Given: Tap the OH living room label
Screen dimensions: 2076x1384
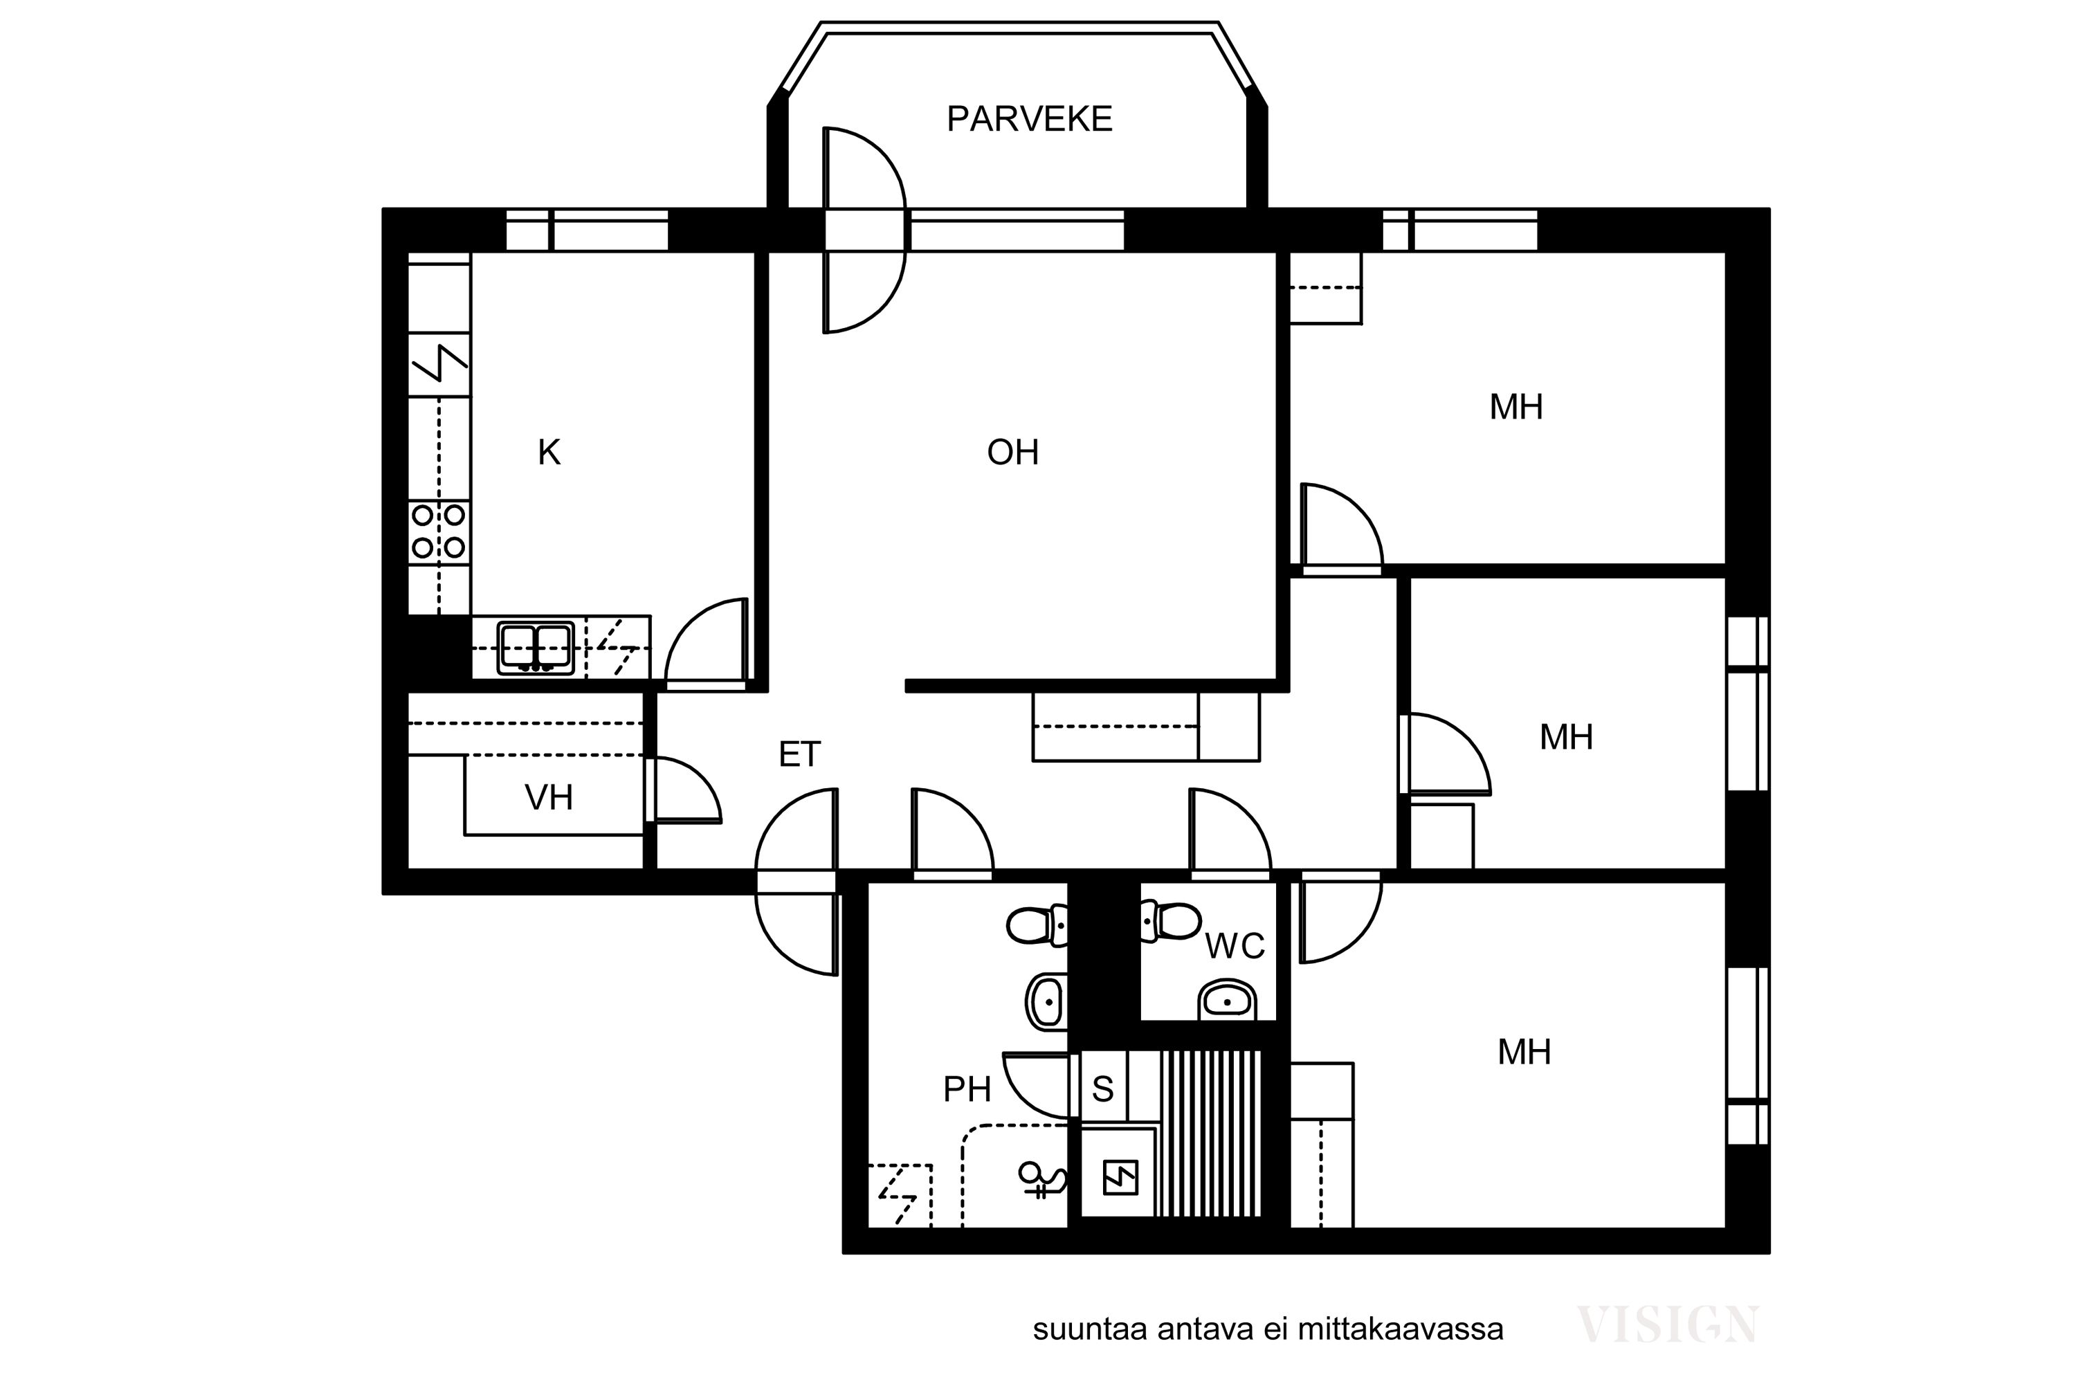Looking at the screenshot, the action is click(x=1012, y=453).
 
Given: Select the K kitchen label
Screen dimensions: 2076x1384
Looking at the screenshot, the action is click(x=549, y=453).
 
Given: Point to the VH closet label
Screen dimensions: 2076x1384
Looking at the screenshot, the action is click(x=549, y=798).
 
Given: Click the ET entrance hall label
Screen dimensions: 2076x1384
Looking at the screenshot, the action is click(x=800, y=755).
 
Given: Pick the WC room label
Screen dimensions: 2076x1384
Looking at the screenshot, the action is click(x=1235, y=947).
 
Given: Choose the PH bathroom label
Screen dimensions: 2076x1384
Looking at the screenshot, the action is click(x=967, y=1090).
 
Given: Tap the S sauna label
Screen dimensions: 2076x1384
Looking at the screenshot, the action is click(x=1102, y=1090).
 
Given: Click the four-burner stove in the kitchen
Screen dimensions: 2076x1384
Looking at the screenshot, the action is click(x=439, y=531).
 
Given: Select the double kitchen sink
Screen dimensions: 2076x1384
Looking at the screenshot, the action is click(x=536, y=648).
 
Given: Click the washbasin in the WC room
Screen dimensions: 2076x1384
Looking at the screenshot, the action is click(x=1227, y=1001).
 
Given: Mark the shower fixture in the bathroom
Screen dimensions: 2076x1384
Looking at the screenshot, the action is click(x=1042, y=1179).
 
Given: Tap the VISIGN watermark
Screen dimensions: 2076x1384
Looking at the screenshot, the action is click(x=1667, y=1326).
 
